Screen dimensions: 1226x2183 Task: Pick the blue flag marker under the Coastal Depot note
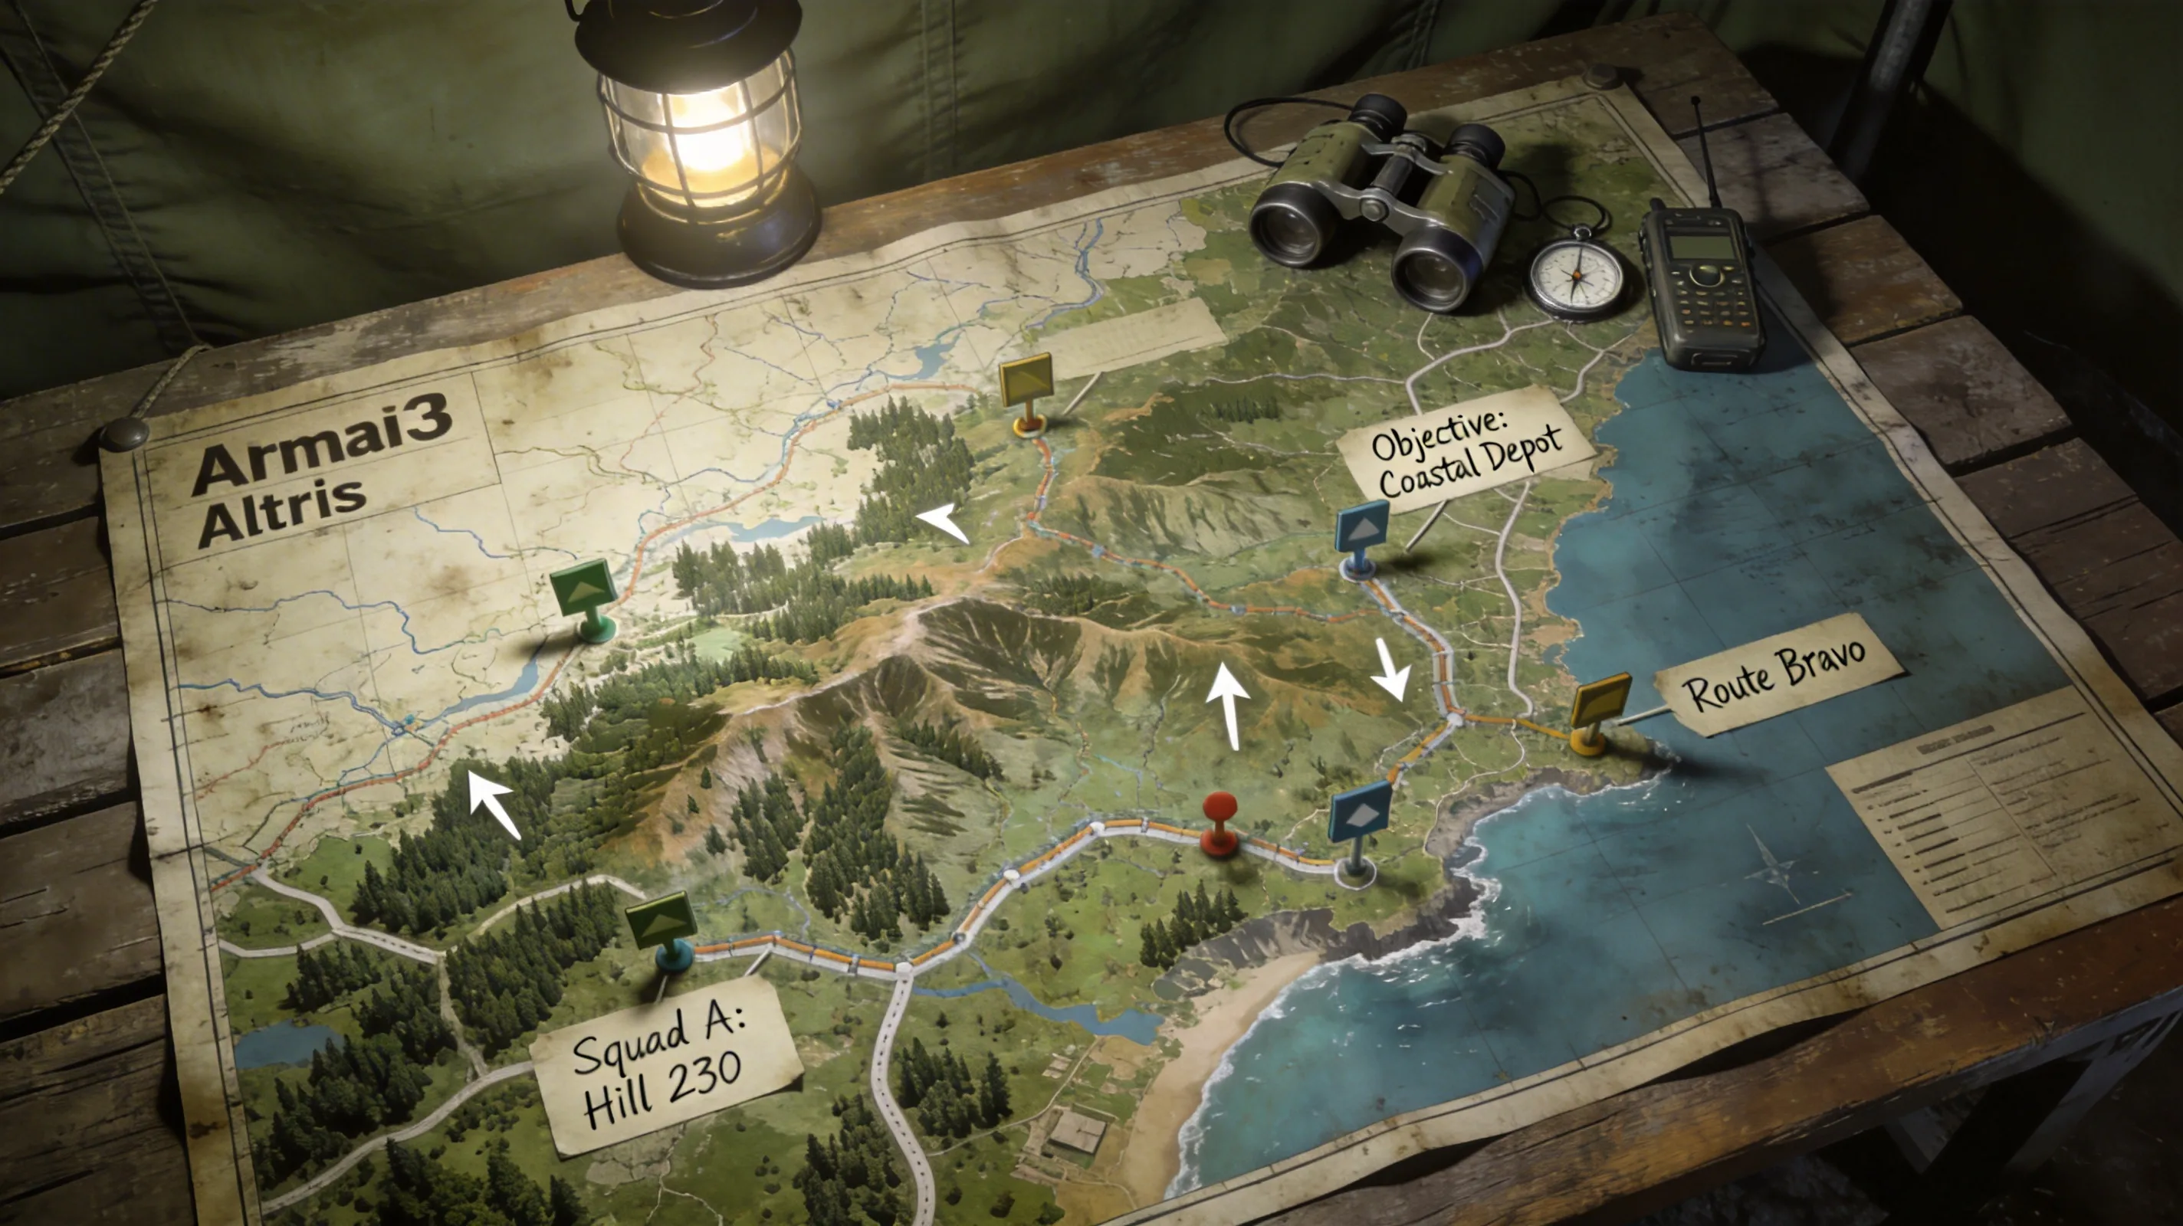click(1363, 527)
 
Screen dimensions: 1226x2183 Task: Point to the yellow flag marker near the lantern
click(1026, 379)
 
